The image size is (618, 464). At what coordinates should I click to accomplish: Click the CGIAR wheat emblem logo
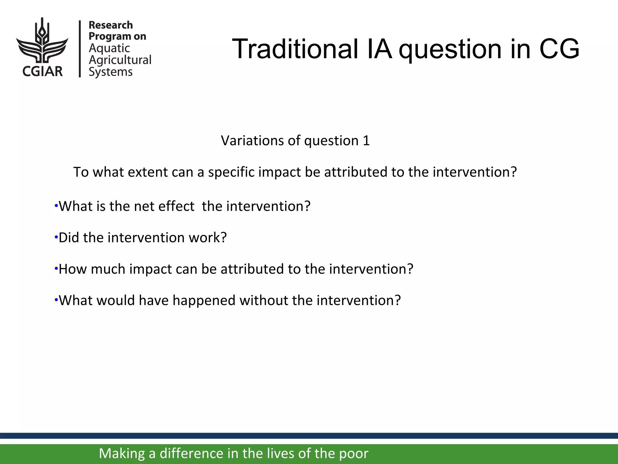point(42,41)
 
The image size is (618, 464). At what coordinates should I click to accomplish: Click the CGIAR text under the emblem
point(42,72)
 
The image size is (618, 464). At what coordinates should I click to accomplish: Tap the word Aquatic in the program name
point(109,48)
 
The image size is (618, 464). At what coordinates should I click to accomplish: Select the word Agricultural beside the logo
point(120,60)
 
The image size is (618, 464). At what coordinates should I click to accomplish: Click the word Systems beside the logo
point(110,72)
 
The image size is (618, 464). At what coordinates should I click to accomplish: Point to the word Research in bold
point(110,25)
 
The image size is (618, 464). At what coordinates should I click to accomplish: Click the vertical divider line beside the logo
point(80,49)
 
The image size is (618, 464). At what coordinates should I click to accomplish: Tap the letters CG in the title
point(559,49)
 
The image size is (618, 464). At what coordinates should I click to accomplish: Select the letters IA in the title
point(380,49)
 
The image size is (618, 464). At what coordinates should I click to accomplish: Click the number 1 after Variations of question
point(366,141)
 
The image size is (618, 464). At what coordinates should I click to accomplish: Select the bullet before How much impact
point(56,269)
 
